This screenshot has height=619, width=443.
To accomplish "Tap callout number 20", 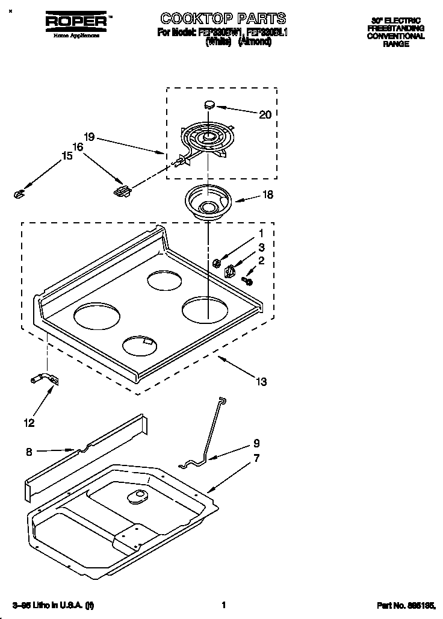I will point(265,114).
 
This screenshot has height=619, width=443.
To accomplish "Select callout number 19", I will point(89,137).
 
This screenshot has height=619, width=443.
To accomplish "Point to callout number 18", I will point(268,194).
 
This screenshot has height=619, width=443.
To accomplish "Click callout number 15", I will point(67,156).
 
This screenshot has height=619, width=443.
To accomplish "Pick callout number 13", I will point(261,381).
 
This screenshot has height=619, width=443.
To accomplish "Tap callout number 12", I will point(29,423).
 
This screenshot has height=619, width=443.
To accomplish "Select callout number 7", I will point(256,458).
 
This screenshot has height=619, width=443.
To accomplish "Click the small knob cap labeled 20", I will point(209,104).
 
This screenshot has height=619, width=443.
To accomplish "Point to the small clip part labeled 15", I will point(18,193).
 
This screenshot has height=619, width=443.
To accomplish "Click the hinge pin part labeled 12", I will point(43,379).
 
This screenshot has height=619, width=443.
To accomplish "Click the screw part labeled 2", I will point(247,280).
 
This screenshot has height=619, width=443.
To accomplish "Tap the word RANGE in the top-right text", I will point(396,44).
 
